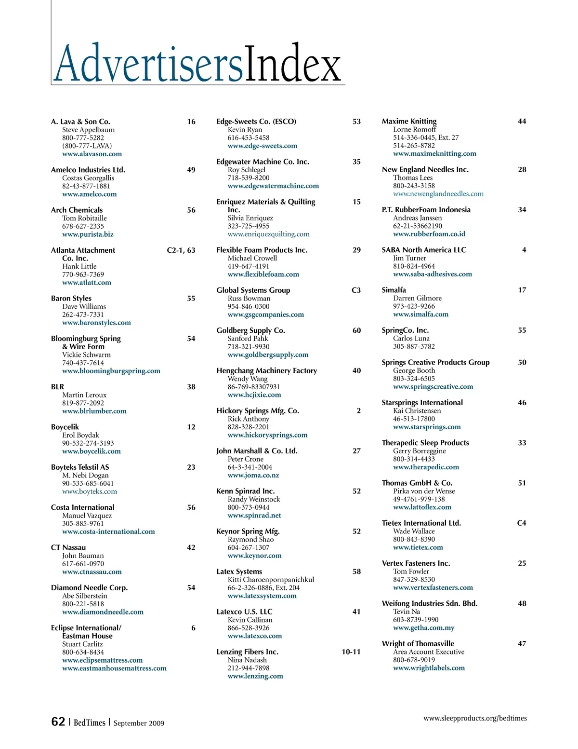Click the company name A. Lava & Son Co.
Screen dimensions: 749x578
(x=80, y=122)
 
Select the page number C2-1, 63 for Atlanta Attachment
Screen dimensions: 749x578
(x=181, y=250)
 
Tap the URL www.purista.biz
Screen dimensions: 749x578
(x=88, y=234)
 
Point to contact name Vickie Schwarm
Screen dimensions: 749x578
(x=86, y=354)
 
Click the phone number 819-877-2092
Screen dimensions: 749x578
(x=83, y=403)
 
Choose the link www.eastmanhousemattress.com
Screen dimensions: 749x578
(x=114, y=668)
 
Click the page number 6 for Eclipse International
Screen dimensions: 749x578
(x=193, y=628)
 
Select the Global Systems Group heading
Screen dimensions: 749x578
(x=253, y=290)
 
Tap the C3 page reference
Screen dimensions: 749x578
(x=356, y=290)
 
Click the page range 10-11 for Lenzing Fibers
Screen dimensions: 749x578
(x=351, y=652)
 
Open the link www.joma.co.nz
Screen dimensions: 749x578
(x=253, y=475)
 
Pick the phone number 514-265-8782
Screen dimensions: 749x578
(x=414, y=146)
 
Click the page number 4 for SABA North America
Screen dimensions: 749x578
(x=524, y=250)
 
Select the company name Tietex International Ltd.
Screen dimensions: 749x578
(x=421, y=523)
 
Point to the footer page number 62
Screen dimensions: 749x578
(x=58, y=722)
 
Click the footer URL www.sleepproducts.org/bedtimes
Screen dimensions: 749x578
(x=475, y=718)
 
